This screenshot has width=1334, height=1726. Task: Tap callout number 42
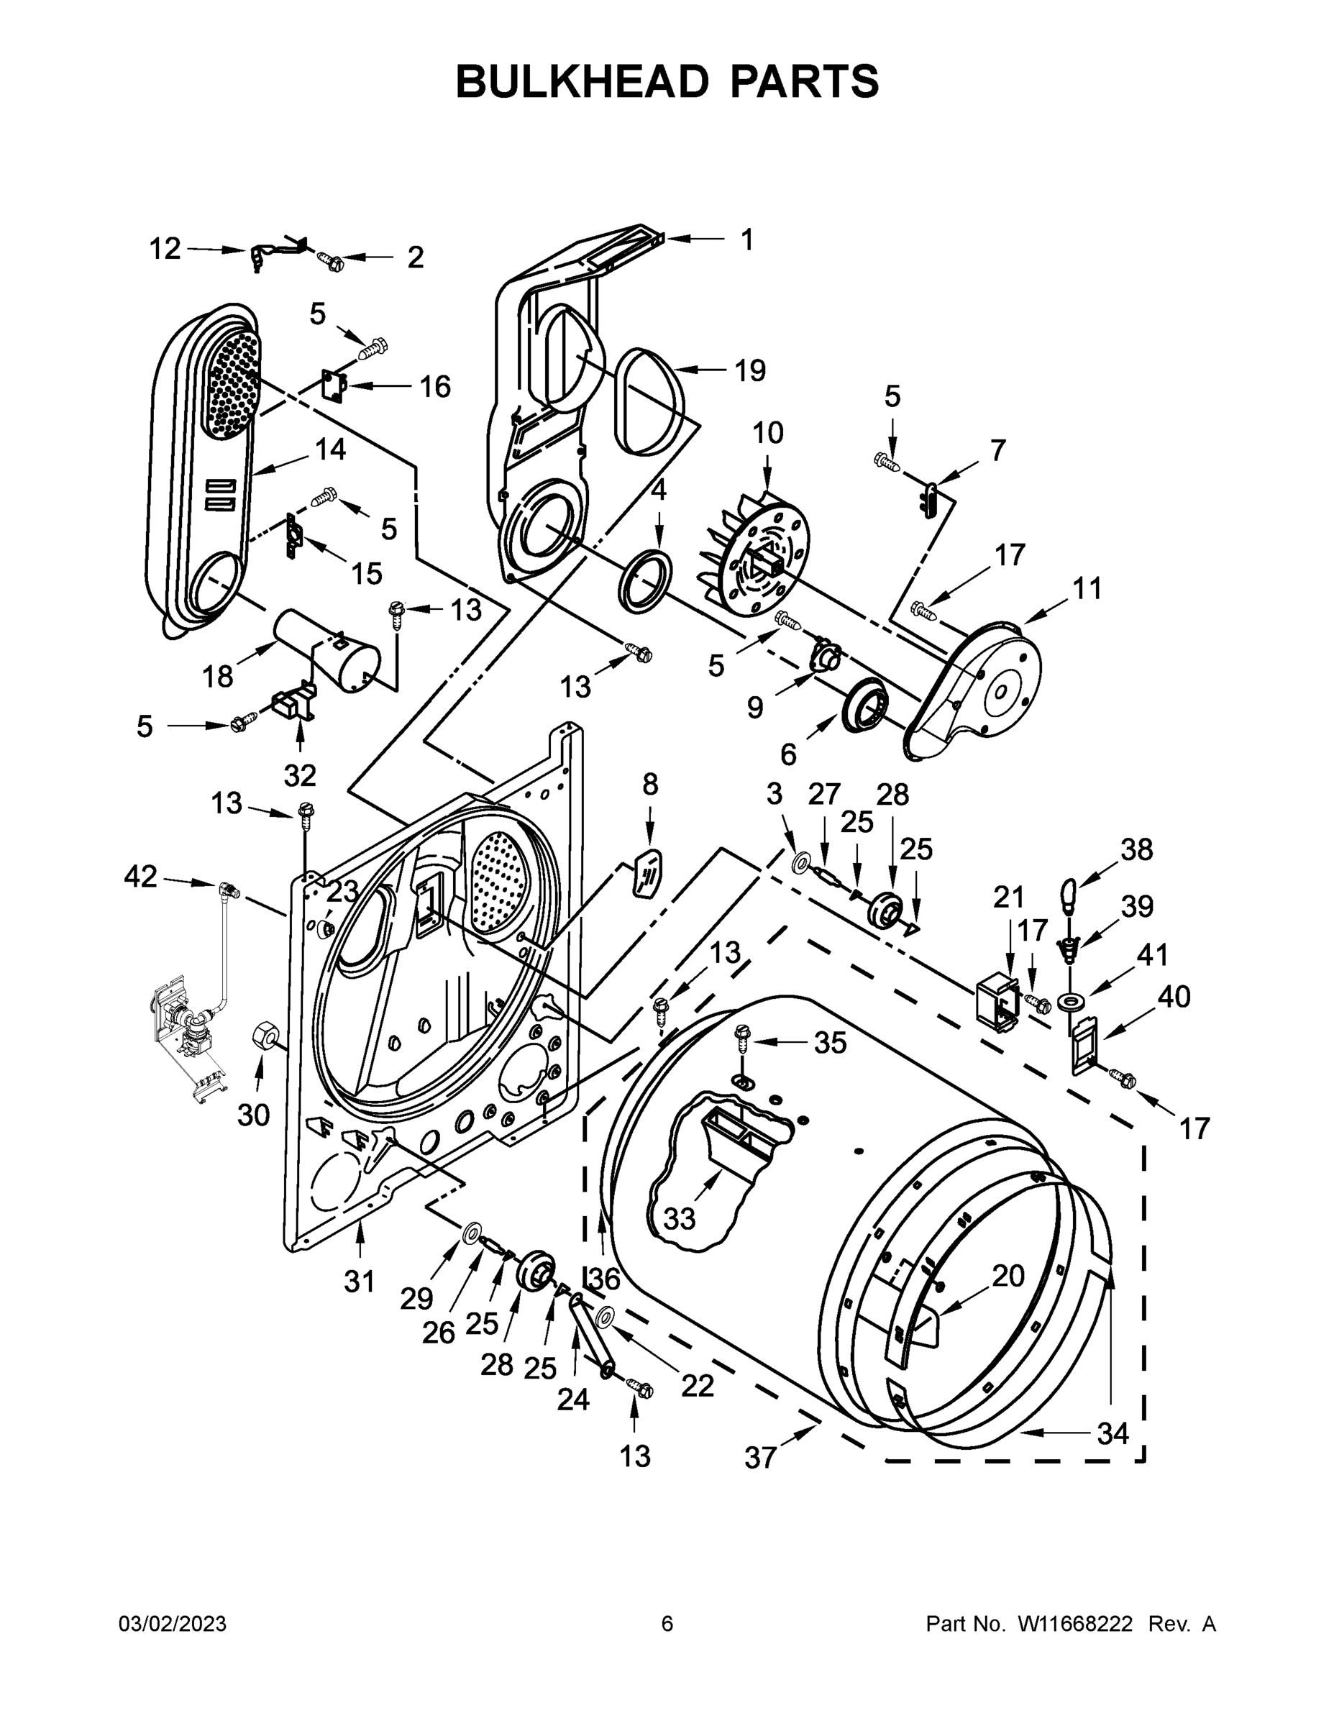click(141, 876)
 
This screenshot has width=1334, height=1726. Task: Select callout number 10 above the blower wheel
click(767, 432)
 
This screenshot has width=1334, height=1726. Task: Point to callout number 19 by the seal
click(750, 370)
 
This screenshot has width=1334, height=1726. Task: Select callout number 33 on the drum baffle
click(679, 1218)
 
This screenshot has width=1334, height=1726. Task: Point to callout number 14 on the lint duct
click(330, 449)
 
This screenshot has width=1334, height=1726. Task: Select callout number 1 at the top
click(746, 239)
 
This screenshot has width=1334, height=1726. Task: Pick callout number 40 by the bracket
click(1174, 997)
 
